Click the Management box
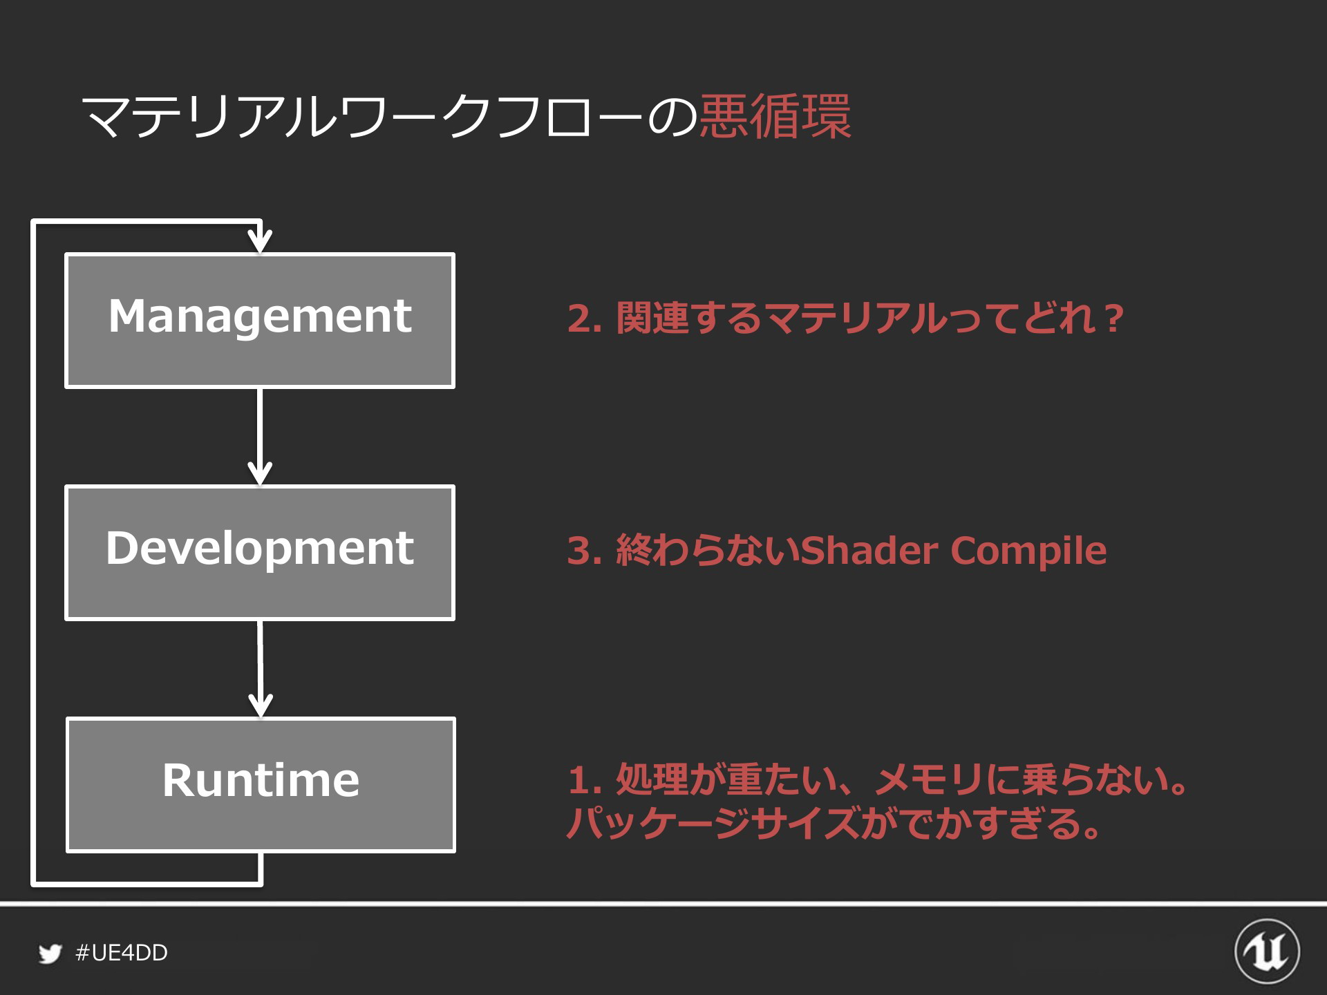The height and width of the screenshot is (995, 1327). [260, 321]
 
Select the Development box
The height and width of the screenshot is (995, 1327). [260, 553]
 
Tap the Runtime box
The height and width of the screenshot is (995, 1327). [261, 785]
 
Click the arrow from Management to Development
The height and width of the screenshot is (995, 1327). [260, 437]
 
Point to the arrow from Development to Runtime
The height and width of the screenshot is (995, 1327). [261, 669]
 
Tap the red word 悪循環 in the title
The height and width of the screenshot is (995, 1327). [775, 116]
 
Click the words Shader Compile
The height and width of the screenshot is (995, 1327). [954, 551]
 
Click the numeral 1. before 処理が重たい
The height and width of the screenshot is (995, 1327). [585, 781]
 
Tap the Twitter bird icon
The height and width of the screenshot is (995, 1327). [50, 954]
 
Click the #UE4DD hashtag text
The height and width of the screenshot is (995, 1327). [122, 953]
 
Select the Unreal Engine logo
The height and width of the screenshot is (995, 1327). [1267, 951]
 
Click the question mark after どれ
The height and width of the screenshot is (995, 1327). [1112, 319]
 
